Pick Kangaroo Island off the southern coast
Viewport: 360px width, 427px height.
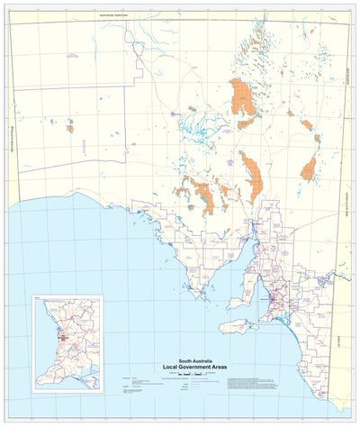239,326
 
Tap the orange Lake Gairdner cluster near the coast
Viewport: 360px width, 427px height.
206,195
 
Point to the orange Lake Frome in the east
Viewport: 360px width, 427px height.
310,167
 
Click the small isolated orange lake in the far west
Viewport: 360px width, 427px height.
69,129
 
